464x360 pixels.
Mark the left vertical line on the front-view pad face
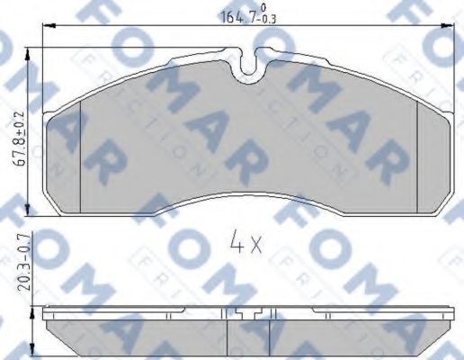click(x=82, y=153)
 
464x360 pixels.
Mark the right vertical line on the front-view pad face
click(x=419, y=153)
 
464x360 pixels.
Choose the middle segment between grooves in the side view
click(x=250, y=337)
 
